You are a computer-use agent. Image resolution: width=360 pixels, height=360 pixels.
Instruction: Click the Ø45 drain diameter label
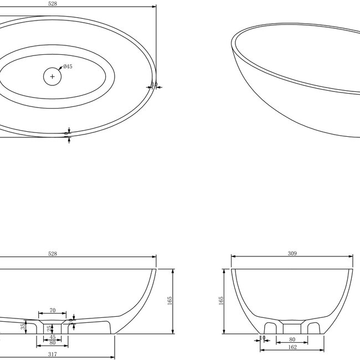pyautogui.click(x=68, y=66)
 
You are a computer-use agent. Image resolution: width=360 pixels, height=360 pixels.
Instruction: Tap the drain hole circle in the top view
pyautogui.click(x=53, y=76)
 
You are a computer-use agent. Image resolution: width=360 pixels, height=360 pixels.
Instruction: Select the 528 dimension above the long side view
pyautogui.click(x=53, y=254)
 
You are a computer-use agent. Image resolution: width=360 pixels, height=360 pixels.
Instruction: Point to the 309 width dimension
pyautogui.click(x=292, y=254)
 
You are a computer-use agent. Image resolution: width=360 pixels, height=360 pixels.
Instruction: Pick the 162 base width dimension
pyautogui.click(x=292, y=347)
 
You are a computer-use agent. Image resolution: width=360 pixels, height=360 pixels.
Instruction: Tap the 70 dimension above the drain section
pyautogui.click(x=53, y=310)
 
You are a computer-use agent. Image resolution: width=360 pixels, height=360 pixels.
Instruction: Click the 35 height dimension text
pyautogui.click(x=23, y=327)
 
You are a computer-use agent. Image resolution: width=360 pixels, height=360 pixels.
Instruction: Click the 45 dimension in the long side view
pyautogui.click(x=53, y=337)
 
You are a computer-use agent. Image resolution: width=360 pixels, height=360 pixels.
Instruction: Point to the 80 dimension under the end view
pyautogui.click(x=292, y=339)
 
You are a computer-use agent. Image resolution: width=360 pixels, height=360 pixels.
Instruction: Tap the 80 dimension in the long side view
pyautogui.click(x=53, y=343)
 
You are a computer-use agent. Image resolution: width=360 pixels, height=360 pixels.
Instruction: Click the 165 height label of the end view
pyautogui.click(x=221, y=301)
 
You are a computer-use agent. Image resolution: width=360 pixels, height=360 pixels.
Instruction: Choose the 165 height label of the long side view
pyautogui.click(x=170, y=301)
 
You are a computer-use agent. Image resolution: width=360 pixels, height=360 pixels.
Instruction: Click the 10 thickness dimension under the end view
pyautogui.click(x=264, y=337)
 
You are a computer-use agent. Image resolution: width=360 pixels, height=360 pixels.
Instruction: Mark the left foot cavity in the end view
pyautogui.click(x=271, y=327)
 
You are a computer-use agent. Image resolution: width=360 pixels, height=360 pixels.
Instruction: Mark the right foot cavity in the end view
pyautogui.click(x=314, y=327)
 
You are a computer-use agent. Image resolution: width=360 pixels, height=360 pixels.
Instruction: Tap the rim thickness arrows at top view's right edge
pyautogui.click(x=153, y=85)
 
